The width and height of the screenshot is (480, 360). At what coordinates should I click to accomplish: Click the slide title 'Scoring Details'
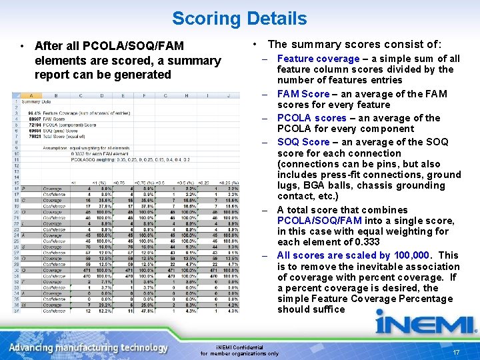[x=239, y=18]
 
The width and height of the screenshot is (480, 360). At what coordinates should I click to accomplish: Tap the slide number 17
[x=456, y=352]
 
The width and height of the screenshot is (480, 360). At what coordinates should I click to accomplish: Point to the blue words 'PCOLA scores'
[x=311, y=118]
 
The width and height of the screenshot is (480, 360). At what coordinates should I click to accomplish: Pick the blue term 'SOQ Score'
[x=303, y=142]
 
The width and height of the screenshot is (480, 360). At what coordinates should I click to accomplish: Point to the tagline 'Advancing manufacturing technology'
[x=89, y=347]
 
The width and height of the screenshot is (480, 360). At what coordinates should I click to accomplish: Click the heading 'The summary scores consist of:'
[x=354, y=44]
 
